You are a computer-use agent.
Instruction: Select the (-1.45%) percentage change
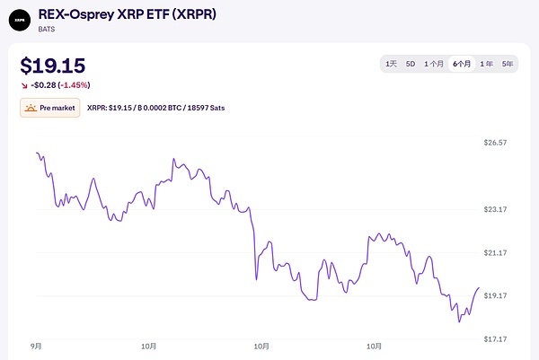point(74,85)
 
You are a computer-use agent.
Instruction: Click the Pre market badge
point(50,108)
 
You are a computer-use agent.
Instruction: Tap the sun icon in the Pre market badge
point(32,108)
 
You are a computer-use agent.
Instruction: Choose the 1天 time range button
point(391,64)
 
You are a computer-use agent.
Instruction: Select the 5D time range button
point(411,64)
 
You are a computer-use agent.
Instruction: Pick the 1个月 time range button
point(434,64)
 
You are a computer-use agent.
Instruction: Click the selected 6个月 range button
point(462,64)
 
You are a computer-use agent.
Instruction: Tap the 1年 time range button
point(486,64)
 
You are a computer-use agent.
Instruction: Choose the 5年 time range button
point(508,64)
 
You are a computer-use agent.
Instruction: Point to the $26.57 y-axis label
point(497,143)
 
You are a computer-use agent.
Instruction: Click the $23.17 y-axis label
point(497,209)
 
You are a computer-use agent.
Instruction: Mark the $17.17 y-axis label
point(497,338)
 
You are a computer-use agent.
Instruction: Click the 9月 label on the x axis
point(36,346)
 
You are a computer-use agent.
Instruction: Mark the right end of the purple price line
point(479,288)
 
